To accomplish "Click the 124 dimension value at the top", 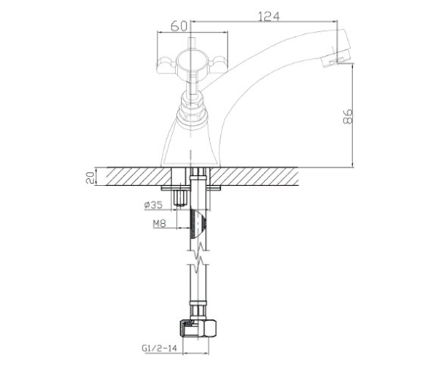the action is click(269, 16).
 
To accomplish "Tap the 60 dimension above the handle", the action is click(179, 26).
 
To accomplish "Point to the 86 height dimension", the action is click(348, 116).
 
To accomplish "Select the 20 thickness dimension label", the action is click(90, 178).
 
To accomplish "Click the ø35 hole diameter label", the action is click(154, 205).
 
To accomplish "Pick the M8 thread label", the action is click(159, 224).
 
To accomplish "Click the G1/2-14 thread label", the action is click(159, 347).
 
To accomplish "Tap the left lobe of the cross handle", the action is click(167, 64).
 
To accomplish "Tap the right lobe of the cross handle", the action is click(218, 64).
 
